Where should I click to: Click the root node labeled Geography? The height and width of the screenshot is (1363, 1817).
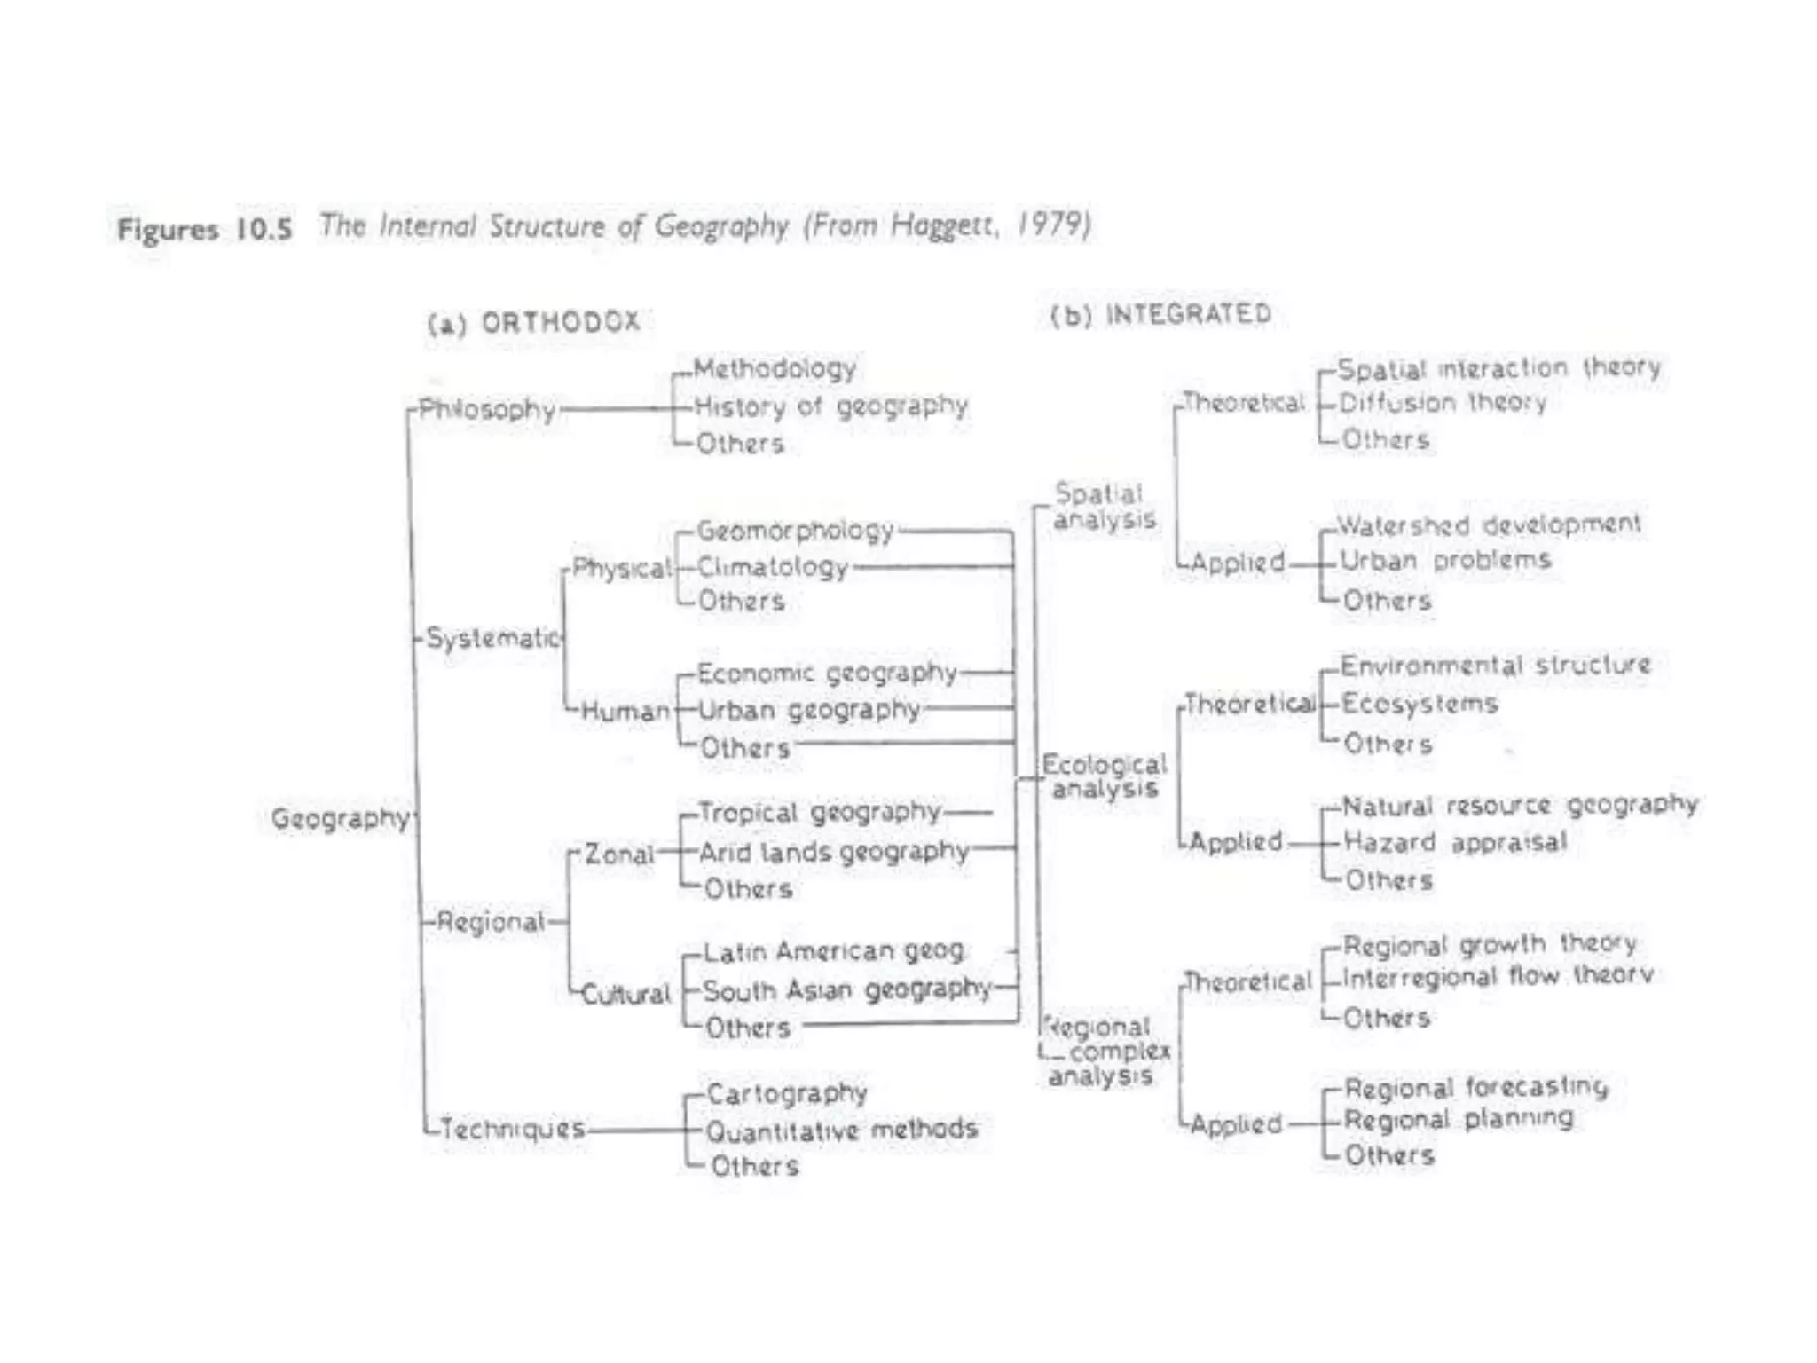point(341,818)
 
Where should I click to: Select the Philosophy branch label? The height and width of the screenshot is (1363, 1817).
point(486,409)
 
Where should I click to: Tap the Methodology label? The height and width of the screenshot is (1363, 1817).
point(775,368)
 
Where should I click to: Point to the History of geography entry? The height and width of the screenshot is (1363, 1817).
point(830,406)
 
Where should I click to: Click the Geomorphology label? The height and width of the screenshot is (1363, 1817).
point(795,531)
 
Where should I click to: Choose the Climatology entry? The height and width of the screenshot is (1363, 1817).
point(773,566)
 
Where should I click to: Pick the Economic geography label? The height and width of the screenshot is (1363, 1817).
point(827,674)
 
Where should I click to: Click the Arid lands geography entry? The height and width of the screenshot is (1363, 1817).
point(833,852)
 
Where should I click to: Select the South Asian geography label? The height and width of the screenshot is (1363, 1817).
point(846,989)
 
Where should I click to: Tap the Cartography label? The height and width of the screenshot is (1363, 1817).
point(786,1093)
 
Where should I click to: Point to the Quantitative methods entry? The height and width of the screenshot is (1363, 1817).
point(841,1130)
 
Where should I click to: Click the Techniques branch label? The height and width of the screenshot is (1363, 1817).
point(513,1129)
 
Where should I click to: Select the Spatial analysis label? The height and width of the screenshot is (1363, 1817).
point(1103,506)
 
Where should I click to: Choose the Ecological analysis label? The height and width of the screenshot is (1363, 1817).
point(1105,776)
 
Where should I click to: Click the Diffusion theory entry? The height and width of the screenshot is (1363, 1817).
point(1443,403)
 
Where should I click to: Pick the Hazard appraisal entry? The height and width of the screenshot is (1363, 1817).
point(1455,841)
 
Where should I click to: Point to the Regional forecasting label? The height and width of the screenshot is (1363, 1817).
point(1475,1087)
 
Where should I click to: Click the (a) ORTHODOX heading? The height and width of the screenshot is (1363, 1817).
point(534,322)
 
